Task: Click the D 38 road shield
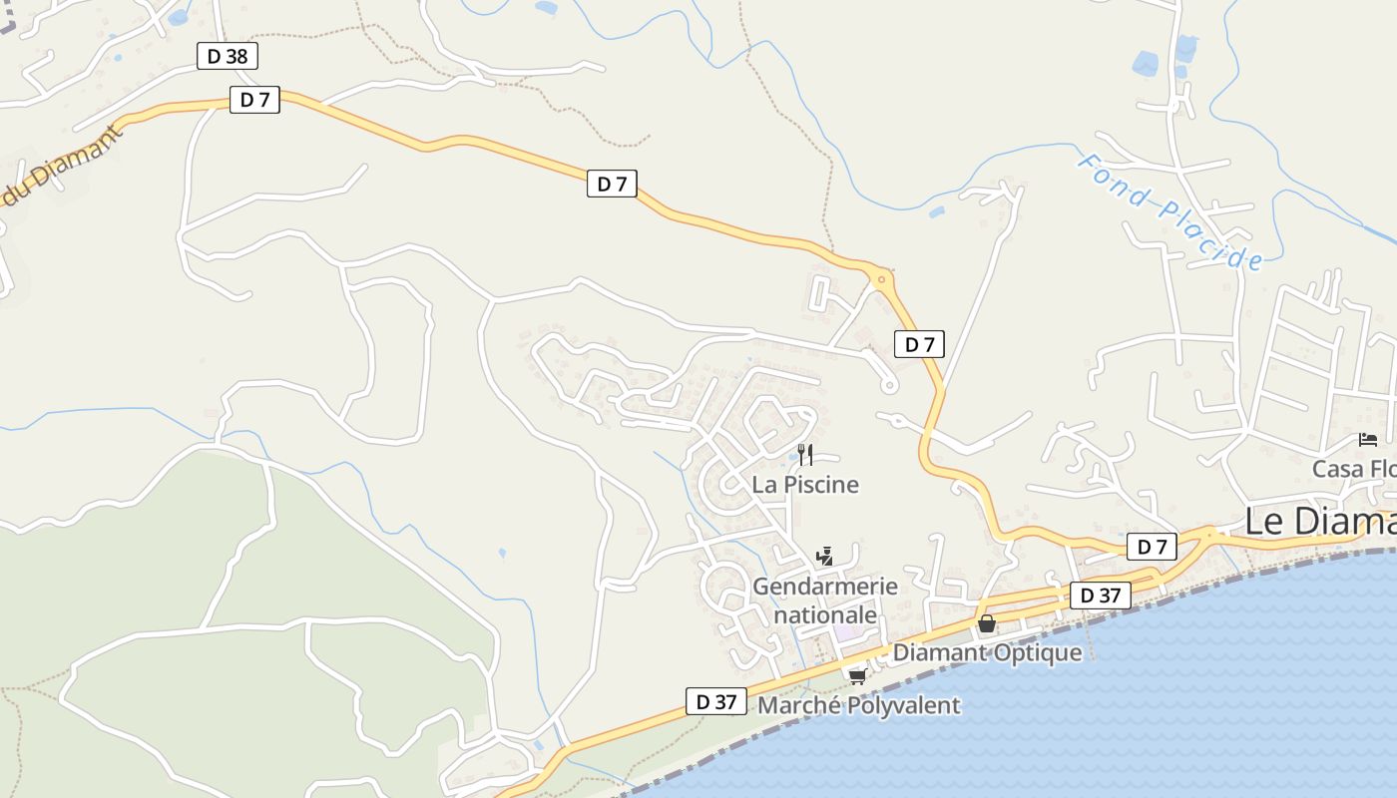[x=228, y=56]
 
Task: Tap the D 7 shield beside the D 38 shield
[x=254, y=100]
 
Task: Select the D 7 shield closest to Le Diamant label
[x=1152, y=547]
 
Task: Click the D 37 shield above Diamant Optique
[x=1101, y=596]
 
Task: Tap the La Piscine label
[x=805, y=485]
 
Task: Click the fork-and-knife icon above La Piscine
[x=805, y=455]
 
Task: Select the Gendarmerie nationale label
[x=825, y=600]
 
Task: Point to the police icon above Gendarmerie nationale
[x=824, y=557]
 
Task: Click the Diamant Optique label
[x=987, y=652]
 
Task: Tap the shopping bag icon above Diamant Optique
[x=987, y=624]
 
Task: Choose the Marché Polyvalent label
[x=859, y=705]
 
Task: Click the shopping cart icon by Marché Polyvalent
[x=856, y=677]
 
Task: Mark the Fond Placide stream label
[x=1170, y=211]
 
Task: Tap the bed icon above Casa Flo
[x=1367, y=440]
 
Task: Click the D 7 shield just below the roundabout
[x=919, y=345]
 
